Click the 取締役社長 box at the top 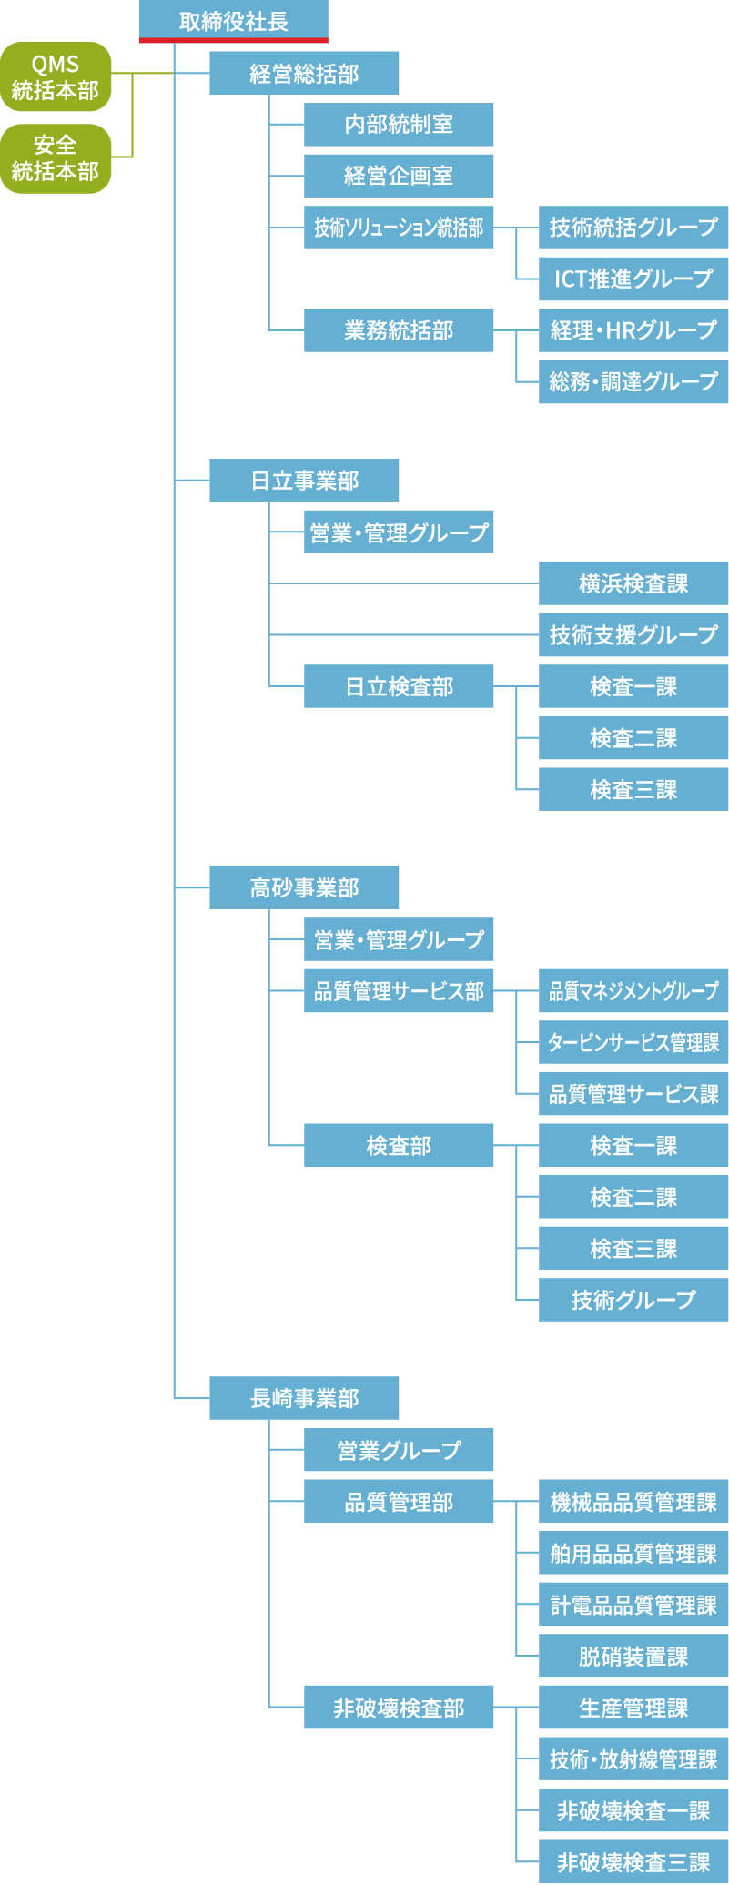233,20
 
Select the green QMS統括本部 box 56,77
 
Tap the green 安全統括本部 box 56,158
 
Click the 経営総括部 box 304,73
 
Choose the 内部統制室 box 399,125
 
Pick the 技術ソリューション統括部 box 399,228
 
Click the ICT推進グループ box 633,279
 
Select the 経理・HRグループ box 633,330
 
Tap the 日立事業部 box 304,480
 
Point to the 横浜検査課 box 633,583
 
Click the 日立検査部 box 399,686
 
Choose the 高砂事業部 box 304,887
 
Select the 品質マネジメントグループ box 633,990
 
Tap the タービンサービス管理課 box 633,1042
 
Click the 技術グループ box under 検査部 633,1300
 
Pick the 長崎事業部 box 304,1397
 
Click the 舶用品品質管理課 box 633,1553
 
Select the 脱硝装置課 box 633,1656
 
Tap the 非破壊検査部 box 399,1708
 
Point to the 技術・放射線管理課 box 633,1759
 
